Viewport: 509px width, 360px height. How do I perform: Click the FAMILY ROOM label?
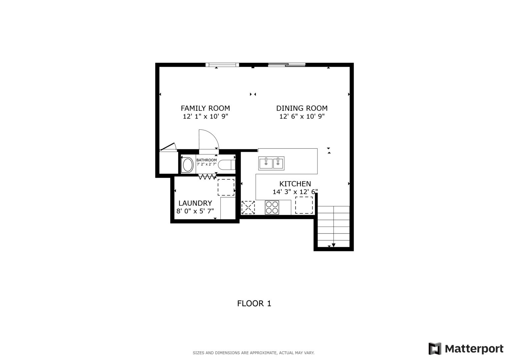click(x=205, y=108)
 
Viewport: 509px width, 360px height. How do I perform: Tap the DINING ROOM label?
click(x=302, y=108)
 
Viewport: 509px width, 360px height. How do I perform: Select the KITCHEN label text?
click(x=295, y=184)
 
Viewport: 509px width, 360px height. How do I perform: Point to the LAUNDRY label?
click(x=195, y=203)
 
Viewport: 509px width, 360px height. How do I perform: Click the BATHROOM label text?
click(x=206, y=160)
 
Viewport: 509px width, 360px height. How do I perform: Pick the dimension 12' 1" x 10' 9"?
click(x=205, y=117)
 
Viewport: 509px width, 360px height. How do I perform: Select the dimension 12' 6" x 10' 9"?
click(x=302, y=117)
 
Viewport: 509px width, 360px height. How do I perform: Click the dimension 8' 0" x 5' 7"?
click(x=195, y=211)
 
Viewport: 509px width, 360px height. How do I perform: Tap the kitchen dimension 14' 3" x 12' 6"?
click(x=295, y=192)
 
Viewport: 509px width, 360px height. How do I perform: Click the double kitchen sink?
click(x=271, y=163)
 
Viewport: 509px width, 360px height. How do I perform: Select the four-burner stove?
click(x=272, y=207)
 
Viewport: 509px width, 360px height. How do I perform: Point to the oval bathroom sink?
click(x=188, y=165)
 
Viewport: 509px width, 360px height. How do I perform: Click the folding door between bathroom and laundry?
click(x=207, y=177)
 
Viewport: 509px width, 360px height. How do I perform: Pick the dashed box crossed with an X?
click(x=248, y=207)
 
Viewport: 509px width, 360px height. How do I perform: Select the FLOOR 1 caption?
click(x=254, y=303)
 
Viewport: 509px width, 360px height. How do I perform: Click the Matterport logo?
click(x=466, y=349)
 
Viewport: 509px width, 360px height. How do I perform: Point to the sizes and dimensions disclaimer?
click(x=253, y=353)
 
